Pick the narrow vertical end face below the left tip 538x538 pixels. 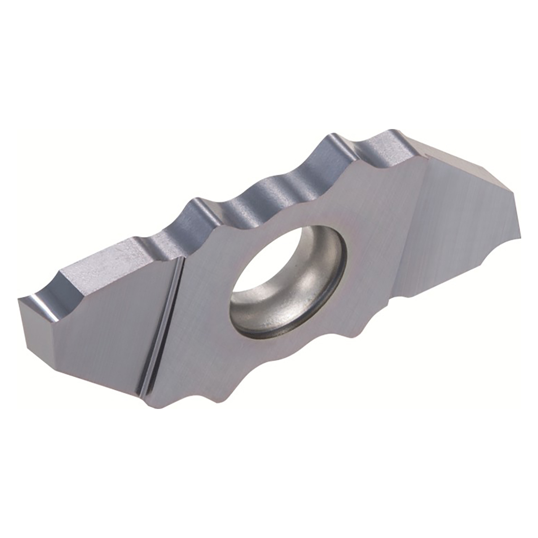[x=38, y=332]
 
